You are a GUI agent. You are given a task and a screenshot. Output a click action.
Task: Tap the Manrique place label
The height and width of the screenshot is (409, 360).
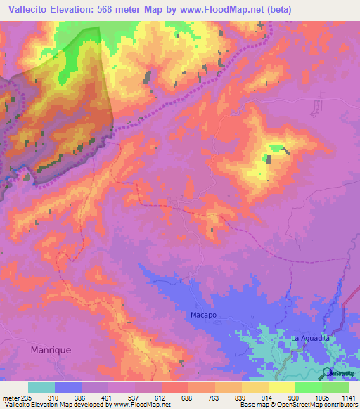pos(51,349)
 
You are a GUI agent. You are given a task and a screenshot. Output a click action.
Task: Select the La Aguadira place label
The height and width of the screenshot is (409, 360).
pos(311,338)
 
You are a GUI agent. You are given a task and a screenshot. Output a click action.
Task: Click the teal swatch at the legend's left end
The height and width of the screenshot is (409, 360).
pos(41,387)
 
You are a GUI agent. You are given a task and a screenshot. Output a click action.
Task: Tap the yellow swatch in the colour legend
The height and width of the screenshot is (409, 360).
pos(281,387)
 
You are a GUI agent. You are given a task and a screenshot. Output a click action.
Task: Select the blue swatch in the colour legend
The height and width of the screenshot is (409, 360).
pos(68,387)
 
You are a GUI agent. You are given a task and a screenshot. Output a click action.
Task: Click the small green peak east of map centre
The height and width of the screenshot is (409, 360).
pos(276,149)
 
